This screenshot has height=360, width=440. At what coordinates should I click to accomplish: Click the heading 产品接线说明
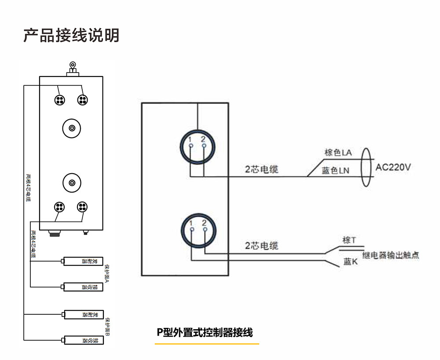click(x=71, y=35)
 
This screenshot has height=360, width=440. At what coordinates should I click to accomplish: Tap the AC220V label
click(x=393, y=167)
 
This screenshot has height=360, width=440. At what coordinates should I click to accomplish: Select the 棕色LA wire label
click(x=338, y=153)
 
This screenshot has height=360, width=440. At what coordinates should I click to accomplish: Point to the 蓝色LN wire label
click(x=335, y=171)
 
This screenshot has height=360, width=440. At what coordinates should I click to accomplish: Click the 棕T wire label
click(x=349, y=240)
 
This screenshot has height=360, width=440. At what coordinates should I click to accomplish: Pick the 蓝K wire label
click(x=350, y=262)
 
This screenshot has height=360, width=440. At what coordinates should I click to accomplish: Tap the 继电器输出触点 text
click(x=390, y=255)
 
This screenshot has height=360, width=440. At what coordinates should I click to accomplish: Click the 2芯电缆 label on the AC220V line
click(x=262, y=169)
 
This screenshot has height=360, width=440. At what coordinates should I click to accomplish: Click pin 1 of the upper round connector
click(x=190, y=145)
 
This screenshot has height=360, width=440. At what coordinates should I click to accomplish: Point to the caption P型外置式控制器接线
click(x=205, y=332)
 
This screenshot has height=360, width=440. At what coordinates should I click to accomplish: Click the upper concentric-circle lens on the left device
click(x=71, y=128)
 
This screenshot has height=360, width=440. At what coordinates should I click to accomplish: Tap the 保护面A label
click(x=106, y=274)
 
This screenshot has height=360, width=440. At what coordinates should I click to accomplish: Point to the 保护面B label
click(x=107, y=327)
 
